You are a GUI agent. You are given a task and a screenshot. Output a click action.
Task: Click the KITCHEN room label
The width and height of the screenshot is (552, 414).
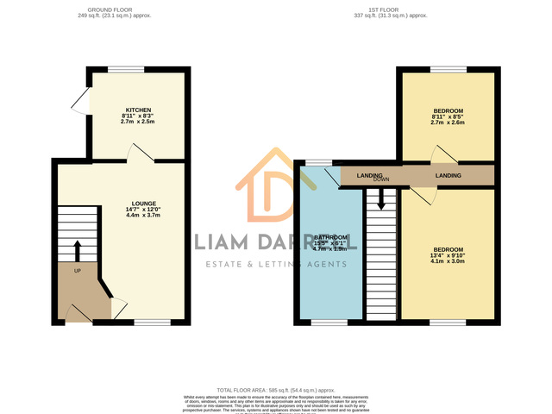[139, 110]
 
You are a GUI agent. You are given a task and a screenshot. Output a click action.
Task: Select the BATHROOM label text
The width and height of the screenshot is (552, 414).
[330, 237]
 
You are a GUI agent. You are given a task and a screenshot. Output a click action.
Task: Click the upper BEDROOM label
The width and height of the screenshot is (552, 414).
[448, 110]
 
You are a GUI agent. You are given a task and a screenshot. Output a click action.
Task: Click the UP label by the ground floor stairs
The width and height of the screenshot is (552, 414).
[77, 271]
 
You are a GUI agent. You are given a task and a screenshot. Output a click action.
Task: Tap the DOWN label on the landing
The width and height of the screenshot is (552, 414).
[382, 179]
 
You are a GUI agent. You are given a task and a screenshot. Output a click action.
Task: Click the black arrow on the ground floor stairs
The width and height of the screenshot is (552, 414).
[77, 251]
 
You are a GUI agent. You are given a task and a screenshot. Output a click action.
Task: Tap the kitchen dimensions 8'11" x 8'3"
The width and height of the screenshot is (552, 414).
[139, 116]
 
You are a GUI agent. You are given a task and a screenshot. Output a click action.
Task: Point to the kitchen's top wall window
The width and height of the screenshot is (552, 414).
[125, 70]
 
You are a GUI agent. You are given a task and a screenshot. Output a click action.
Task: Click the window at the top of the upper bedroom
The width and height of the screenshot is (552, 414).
[448, 70]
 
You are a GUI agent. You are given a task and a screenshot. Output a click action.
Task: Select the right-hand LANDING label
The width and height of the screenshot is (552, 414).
[448, 176]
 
